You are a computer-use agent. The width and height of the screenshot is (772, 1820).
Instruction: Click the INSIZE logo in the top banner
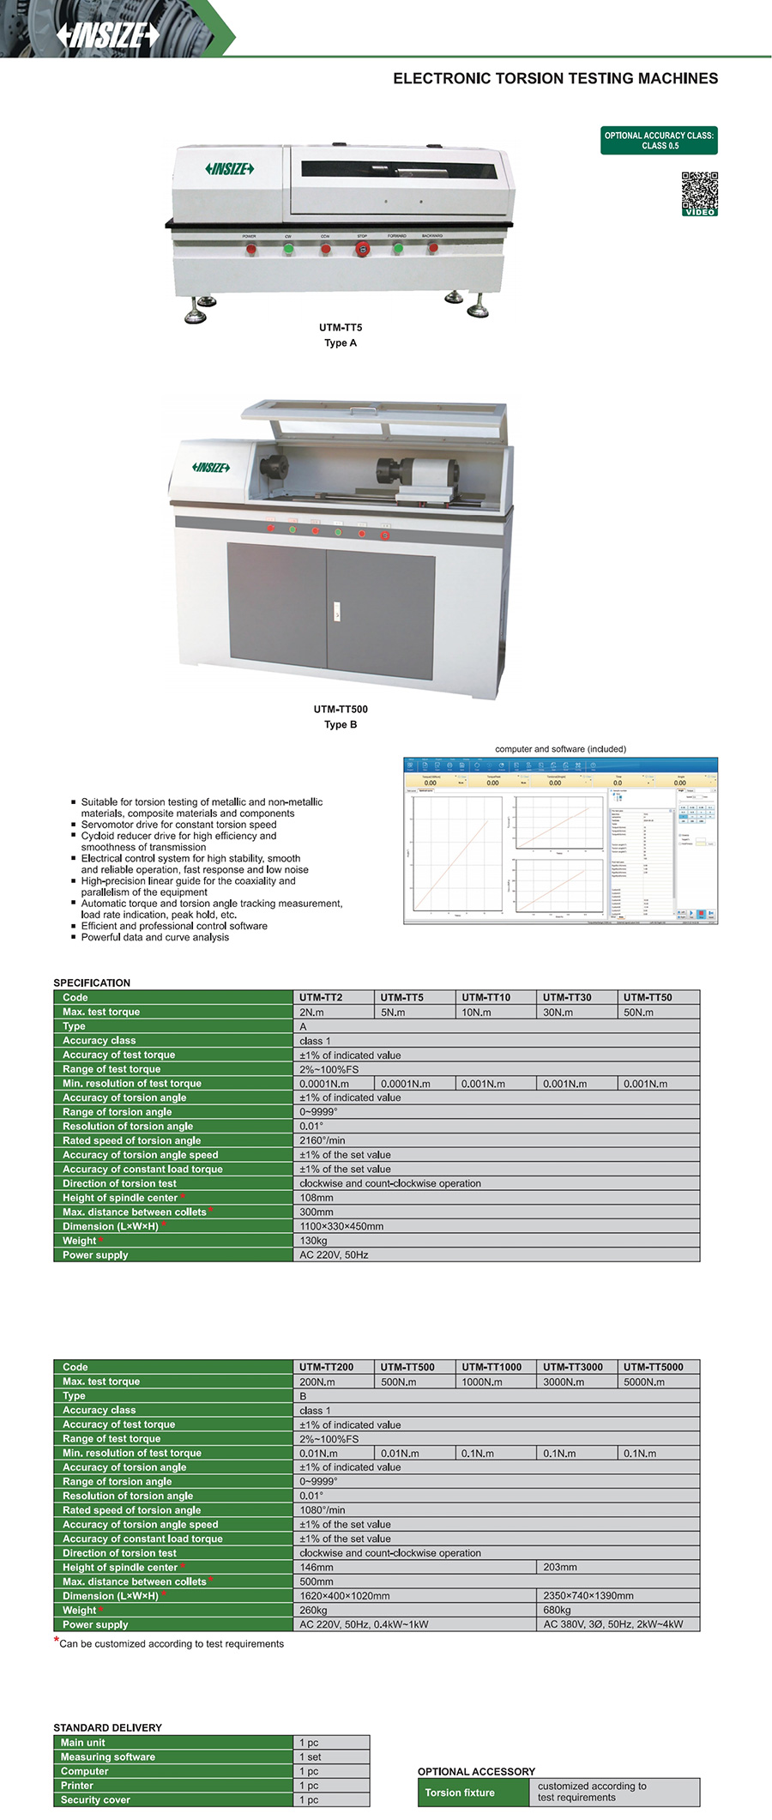click(108, 34)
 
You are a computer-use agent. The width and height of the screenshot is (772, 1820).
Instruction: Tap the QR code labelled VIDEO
click(699, 193)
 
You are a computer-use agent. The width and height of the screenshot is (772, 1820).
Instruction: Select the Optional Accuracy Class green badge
click(659, 141)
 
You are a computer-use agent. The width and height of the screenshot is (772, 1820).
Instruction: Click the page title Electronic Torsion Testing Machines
click(555, 79)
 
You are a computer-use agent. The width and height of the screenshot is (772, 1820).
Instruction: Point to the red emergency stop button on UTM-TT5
click(362, 249)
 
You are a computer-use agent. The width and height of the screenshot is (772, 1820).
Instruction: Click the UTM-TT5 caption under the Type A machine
click(341, 328)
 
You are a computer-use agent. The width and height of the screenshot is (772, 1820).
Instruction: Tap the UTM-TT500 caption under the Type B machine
click(341, 710)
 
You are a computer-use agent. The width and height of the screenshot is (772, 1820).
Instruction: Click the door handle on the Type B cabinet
click(337, 612)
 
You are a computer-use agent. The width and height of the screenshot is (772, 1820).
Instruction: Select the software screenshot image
click(560, 841)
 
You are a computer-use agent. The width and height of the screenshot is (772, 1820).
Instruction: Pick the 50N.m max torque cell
click(638, 1013)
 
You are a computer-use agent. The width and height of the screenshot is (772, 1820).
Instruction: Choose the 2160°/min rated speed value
click(323, 1140)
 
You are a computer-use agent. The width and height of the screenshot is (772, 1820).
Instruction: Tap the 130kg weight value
click(313, 1241)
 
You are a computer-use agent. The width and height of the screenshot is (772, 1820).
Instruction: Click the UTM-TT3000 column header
click(573, 1367)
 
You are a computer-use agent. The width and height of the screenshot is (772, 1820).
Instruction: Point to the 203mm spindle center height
click(560, 1567)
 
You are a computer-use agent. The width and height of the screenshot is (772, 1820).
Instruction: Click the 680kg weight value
click(557, 1610)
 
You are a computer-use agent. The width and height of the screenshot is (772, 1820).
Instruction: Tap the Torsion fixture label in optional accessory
click(460, 1793)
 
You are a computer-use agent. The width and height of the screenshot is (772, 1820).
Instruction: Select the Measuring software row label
click(108, 1757)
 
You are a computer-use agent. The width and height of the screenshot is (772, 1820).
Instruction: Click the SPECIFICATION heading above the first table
click(92, 983)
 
